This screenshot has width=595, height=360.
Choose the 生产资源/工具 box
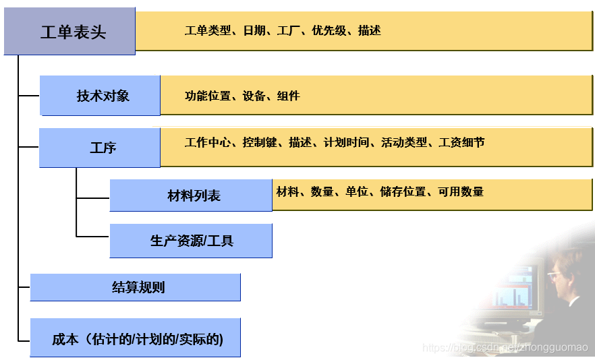click(191, 241)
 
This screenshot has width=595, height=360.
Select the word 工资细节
click(461, 142)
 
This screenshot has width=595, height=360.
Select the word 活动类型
click(404, 142)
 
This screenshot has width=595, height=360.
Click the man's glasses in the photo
click(557, 274)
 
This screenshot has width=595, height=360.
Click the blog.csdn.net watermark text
click(505, 347)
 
